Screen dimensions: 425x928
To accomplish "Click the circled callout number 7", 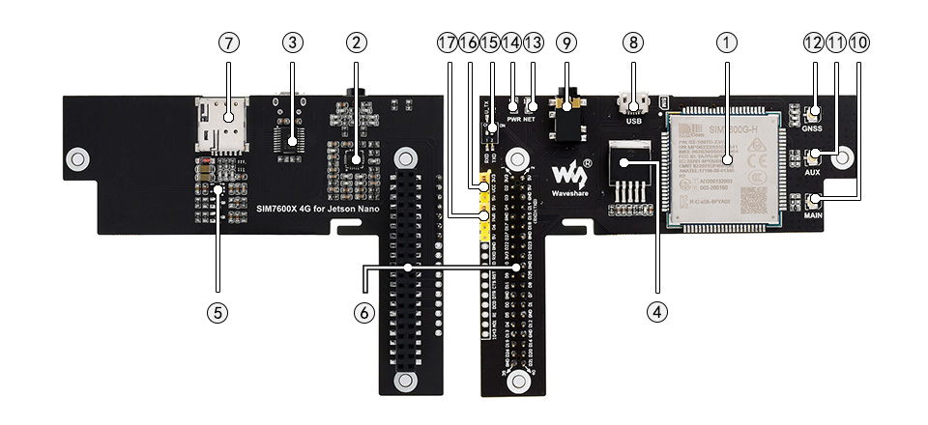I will pos(228,42).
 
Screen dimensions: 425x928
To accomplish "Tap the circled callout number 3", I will pos(293,42).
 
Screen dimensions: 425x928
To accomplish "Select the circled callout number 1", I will pos(726,42).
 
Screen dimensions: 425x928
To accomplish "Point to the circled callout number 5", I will pos(217,311).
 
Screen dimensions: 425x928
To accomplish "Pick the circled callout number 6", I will pos(362,311).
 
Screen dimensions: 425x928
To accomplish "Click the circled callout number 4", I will pos(656,311).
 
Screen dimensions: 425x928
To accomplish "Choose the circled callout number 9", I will pos(566,42).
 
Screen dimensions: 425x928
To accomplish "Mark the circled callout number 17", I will pos(445,42).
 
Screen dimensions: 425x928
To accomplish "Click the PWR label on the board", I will pos(513,120).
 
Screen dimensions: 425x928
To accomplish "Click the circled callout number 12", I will pos(811,42).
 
